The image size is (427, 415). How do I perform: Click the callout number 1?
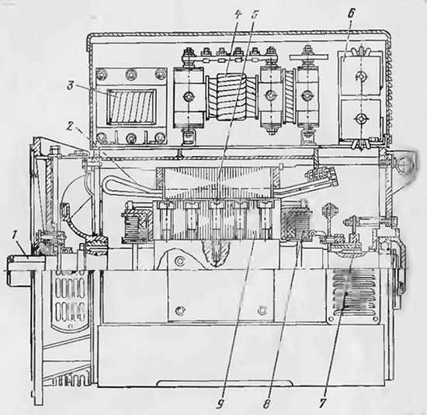(x=15, y=236)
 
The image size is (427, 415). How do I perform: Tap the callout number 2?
(x=70, y=126)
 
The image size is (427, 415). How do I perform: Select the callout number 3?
(x=70, y=86)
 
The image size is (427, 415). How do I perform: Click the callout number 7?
(x=323, y=403)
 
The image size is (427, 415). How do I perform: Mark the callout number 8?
(x=267, y=403)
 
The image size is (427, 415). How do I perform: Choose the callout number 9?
(x=220, y=403)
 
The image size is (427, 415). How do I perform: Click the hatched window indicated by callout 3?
(x=130, y=106)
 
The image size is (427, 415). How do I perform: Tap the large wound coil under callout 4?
(x=232, y=97)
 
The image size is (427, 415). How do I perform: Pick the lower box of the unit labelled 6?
(x=361, y=119)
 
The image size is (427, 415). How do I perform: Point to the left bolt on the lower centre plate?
(x=179, y=310)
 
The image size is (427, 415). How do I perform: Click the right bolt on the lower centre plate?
(x=262, y=310)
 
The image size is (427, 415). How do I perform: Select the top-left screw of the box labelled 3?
(x=101, y=74)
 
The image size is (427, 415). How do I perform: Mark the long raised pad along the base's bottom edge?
(x=225, y=383)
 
